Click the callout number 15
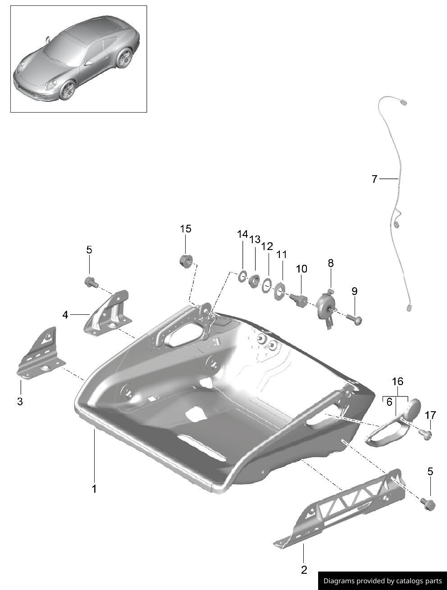point(186,229)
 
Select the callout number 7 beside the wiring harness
point(374,179)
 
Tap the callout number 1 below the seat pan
point(94,489)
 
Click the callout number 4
point(65,315)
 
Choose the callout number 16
point(398,381)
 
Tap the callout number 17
point(430,415)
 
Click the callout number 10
point(301,268)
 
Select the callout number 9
point(355,291)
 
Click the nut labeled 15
point(186,261)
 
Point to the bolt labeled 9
point(354,319)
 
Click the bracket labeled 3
point(41,353)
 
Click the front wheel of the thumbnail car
point(67,90)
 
